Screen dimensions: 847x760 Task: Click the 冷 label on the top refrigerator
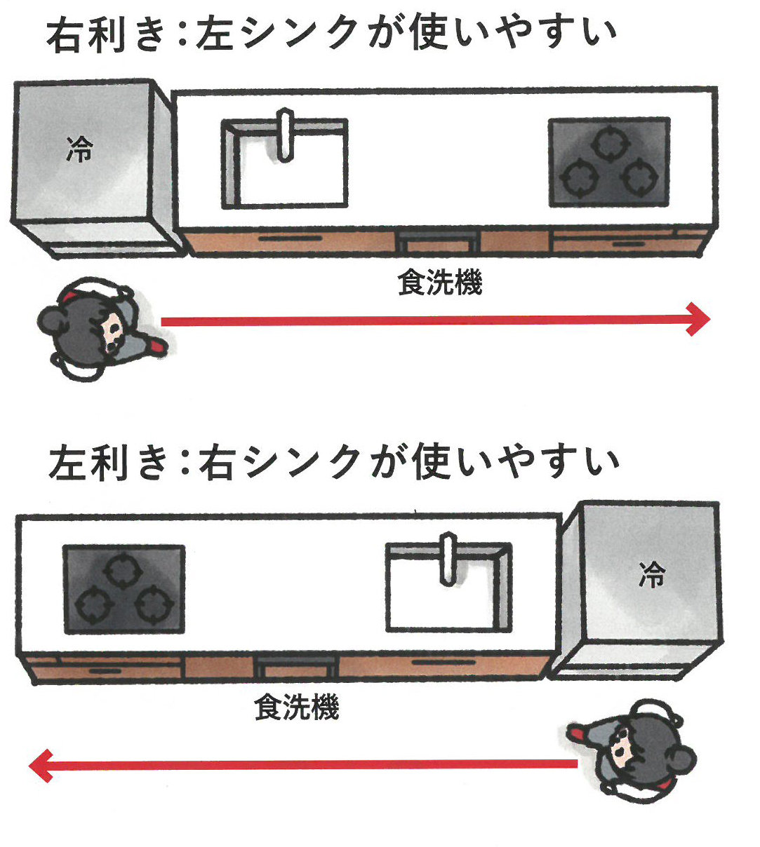80,149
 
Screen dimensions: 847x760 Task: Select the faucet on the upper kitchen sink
285,134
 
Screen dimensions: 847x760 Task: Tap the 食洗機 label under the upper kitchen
440,283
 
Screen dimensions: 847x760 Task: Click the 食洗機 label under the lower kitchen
296,707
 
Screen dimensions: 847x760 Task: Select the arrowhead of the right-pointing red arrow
698,320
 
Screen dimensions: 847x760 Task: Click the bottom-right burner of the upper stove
637,177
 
